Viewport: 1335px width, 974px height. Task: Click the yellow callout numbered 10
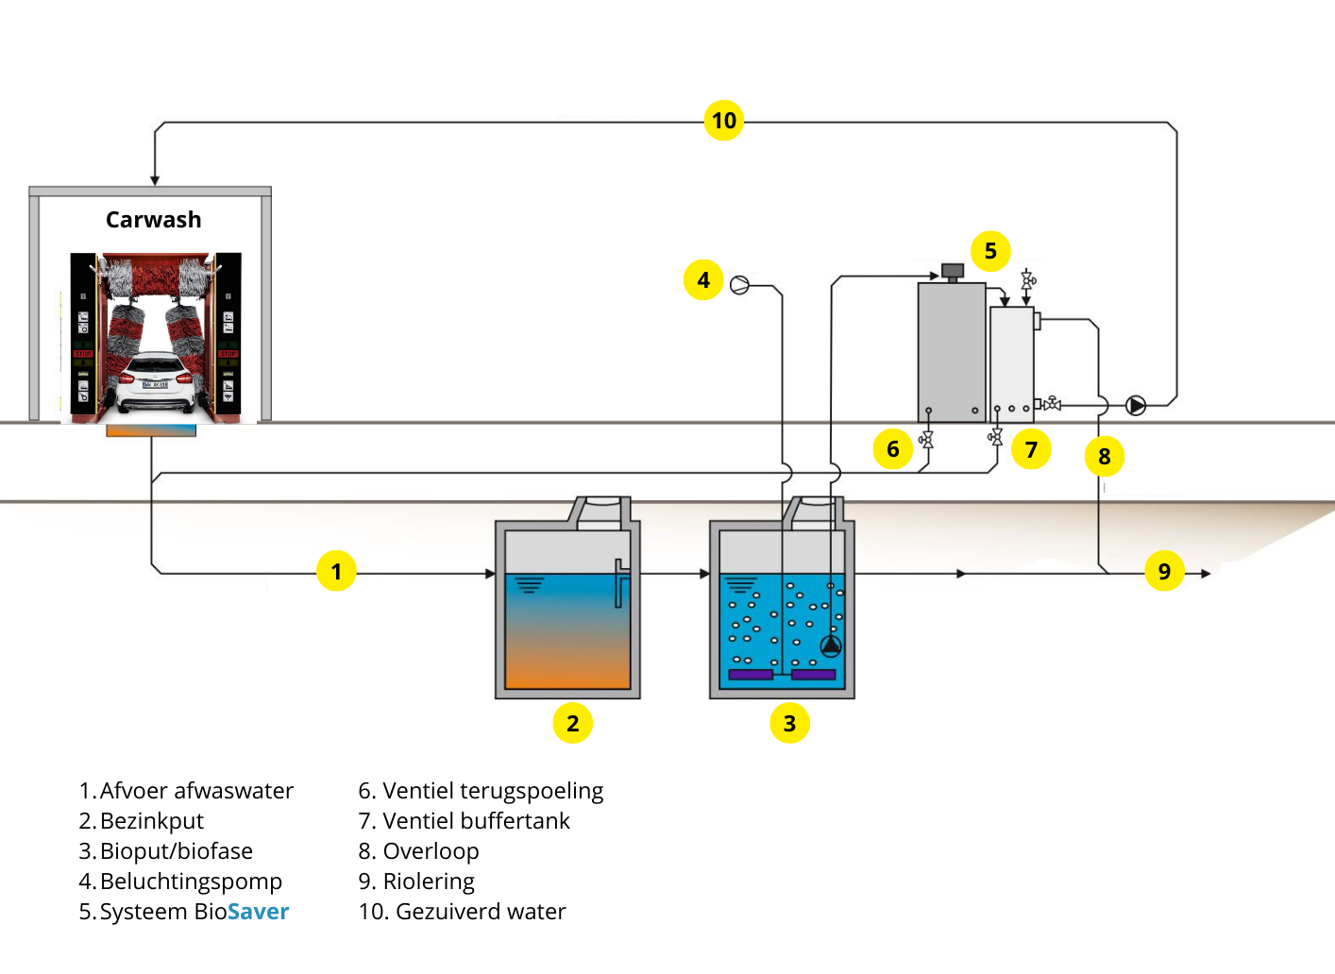tap(724, 121)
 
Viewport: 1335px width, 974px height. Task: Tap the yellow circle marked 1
tap(336, 571)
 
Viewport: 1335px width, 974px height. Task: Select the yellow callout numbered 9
tap(1164, 571)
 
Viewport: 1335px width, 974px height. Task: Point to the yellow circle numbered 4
tap(703, 280)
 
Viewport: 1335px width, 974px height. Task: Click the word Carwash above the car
tap(153, 220)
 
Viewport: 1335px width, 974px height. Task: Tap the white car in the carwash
tap(156, 382)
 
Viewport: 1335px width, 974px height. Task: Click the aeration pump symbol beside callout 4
tap(740, 285)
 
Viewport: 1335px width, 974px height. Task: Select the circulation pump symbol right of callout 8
tap(1137, 406)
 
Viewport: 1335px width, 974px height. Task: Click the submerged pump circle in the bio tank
tap(831, 646)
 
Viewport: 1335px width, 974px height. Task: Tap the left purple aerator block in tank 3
tap(752, 675)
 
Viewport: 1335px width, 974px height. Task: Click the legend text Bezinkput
tap(151, 821)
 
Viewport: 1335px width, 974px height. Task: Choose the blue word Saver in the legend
tap(258, 912)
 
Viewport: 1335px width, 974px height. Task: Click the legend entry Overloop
tap(431, 851)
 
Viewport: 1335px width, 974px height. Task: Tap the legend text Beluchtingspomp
tap(191, 882)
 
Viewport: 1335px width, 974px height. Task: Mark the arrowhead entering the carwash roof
tap(155, 180)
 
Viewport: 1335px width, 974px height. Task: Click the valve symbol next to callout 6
tap(927, 440)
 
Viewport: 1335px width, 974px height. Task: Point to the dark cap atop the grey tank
tap(953, 272)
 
